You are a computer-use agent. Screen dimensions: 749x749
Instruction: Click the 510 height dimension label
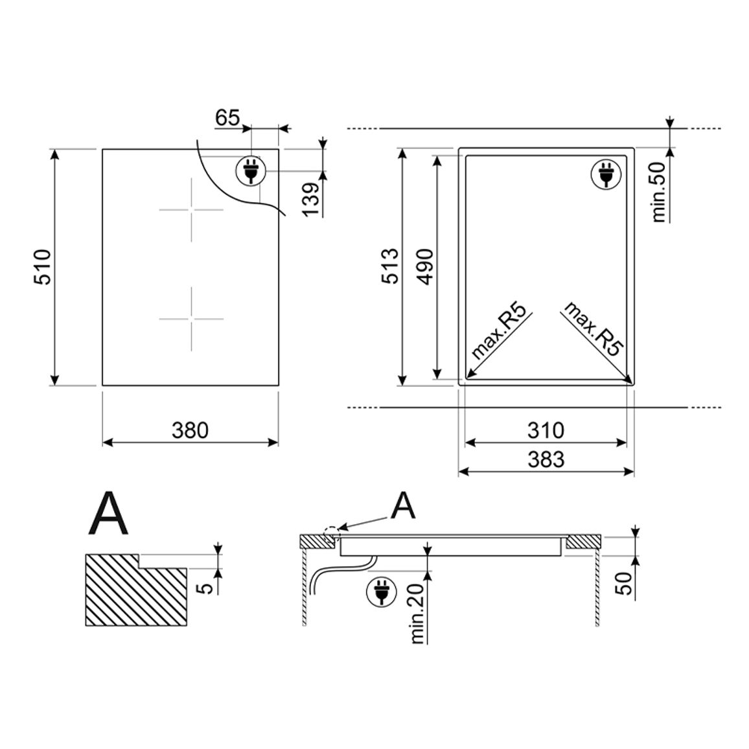pos(43,267)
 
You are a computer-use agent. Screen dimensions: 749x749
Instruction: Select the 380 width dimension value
pos(190,430)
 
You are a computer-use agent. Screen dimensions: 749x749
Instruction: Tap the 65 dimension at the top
pos(227,117)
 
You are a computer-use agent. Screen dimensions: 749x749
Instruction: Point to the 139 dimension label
pos(311,199)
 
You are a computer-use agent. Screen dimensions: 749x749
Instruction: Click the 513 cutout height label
pos(390,266)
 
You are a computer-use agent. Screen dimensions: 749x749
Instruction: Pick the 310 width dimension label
pos(546,430)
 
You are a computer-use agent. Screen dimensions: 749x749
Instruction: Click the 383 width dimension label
pos(546,459)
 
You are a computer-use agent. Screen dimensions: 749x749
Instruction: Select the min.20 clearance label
pos(417,614)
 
